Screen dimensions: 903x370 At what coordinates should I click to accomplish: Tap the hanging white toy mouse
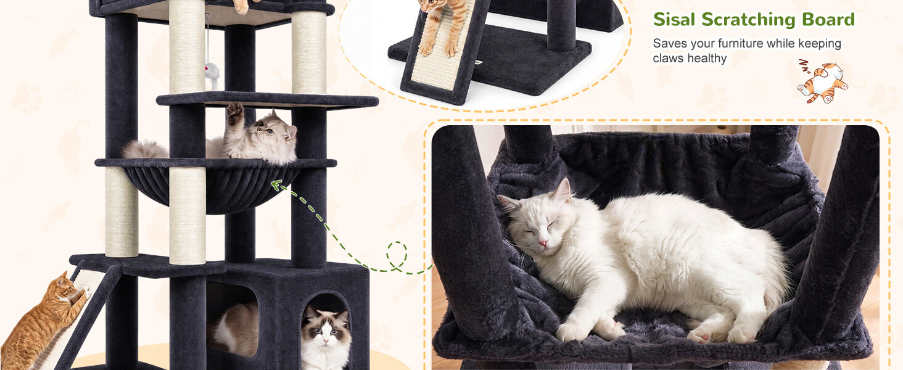click(x=212, y=75)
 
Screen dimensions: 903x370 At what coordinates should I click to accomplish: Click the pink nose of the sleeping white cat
click(x=543, y=243)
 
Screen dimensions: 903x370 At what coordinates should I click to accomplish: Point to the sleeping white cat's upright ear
click(x=563, y=191)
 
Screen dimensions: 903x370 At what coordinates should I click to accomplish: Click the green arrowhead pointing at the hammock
click(x=276, y=186)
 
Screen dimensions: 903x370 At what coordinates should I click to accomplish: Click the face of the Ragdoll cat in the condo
click(x=325, y=328)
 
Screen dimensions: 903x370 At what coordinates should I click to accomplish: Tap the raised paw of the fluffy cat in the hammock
click(x=235, y=110)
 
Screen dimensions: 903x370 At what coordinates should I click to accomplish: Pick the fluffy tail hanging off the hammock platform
click(x=144, y=149)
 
